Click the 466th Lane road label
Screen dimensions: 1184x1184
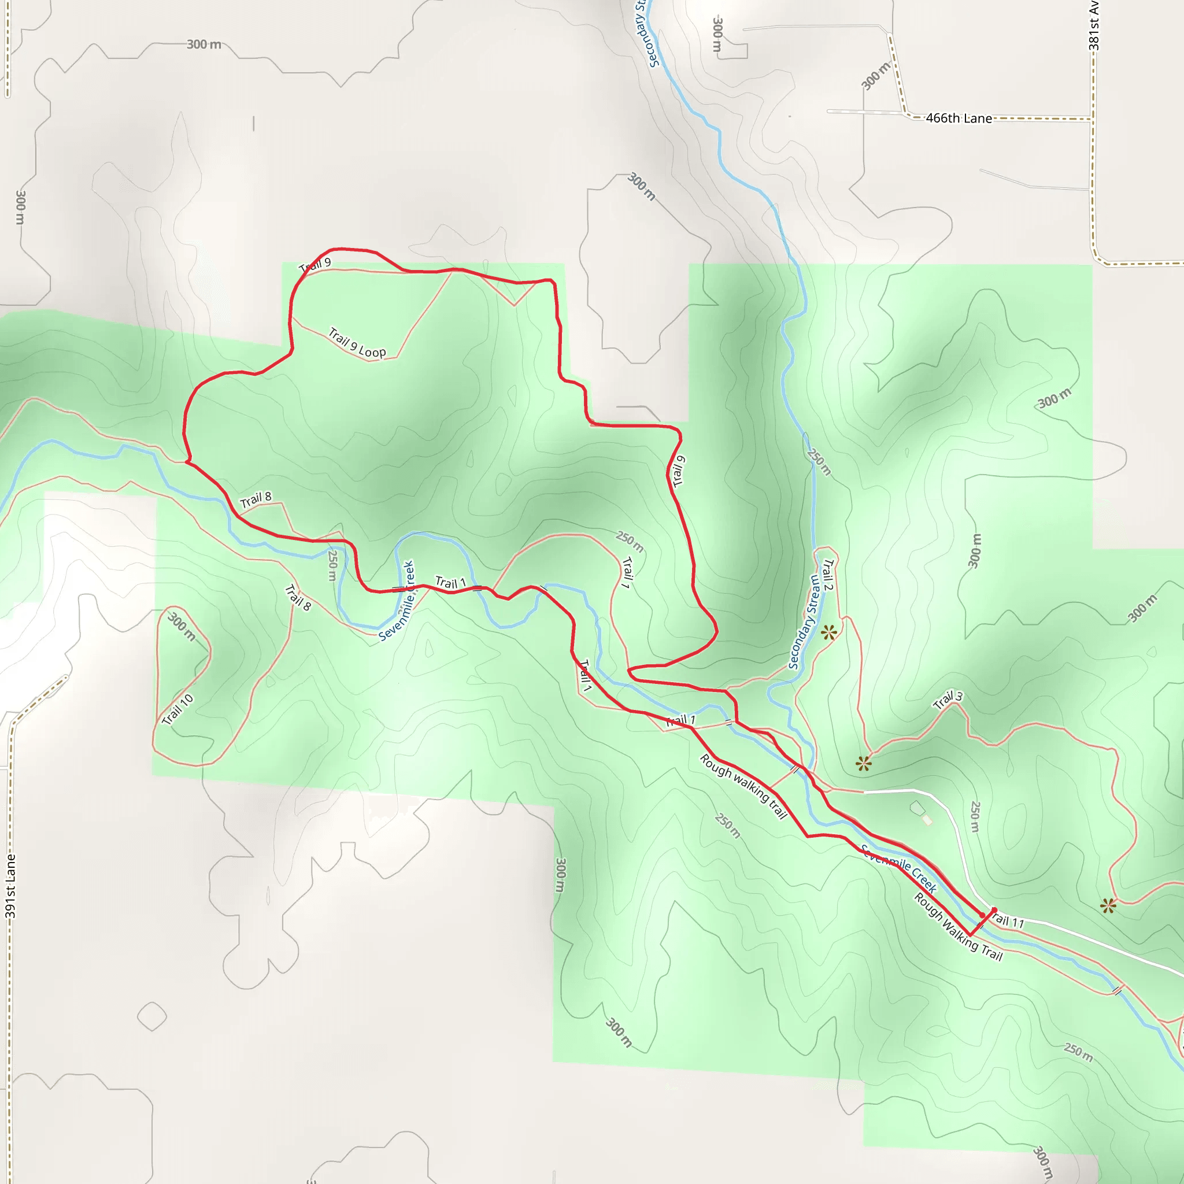[x=959, y=119]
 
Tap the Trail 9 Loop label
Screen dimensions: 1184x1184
[x=357, y=343]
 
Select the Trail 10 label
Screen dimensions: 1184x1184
[x=177, y=710]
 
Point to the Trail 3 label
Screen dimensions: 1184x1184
[x=948, y=700]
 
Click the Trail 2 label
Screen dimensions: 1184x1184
[x=828, y=575]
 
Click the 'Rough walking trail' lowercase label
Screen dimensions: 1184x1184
[x=743, y=787]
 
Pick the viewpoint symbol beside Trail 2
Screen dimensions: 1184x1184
[x=828, y=632]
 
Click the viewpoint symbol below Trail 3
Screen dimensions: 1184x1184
[x=864, y=764]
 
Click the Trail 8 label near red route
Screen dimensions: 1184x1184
[x=256, y=500]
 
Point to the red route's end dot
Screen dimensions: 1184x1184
[x=982, y=915]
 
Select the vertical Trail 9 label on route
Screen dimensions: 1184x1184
[x=678, y=471]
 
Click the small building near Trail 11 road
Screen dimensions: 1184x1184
[x=927, y=820]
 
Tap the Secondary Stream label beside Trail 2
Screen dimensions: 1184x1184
[x=804, y=622]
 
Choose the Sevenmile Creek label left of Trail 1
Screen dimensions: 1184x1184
[x=397, y=601]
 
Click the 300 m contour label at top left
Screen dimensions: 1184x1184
[x=204, y=44]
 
